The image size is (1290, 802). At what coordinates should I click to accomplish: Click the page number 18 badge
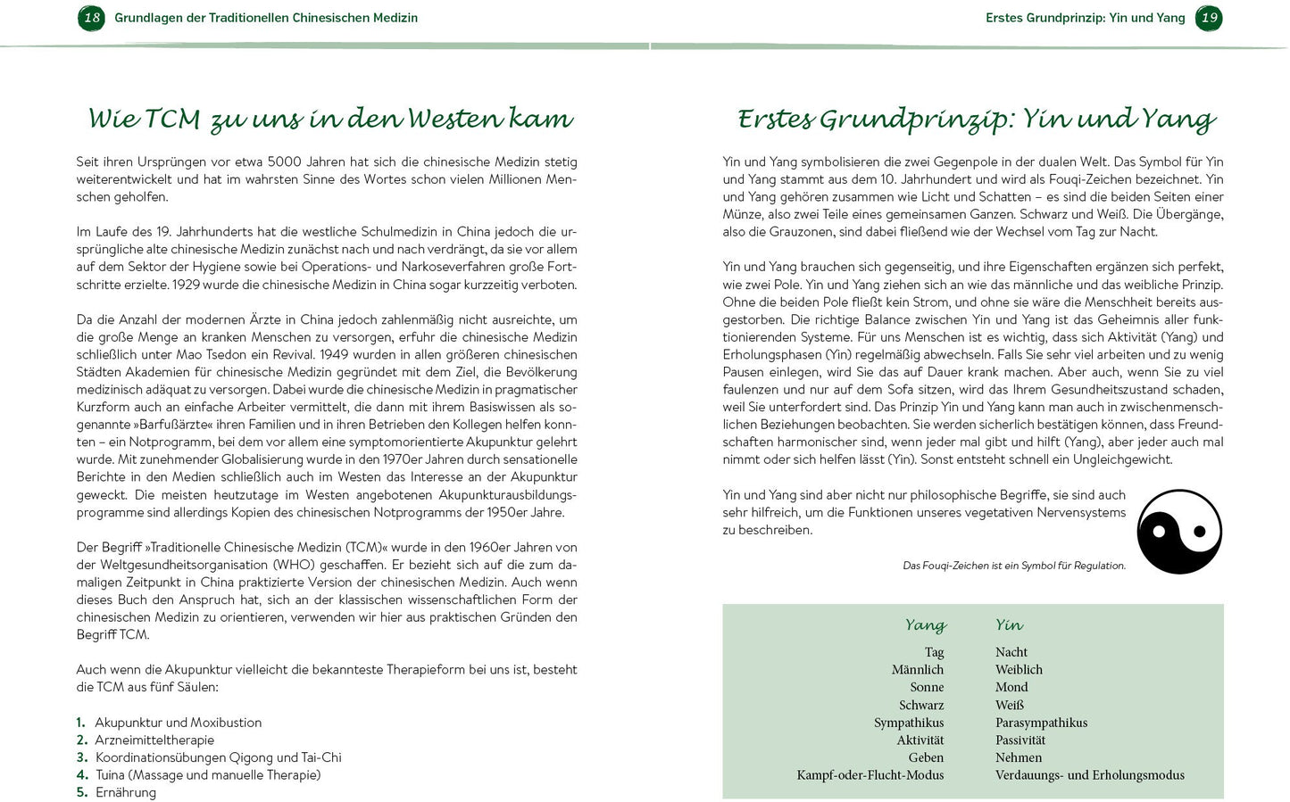click(91, 18)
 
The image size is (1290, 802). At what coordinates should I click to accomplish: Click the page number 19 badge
click(1209, 18)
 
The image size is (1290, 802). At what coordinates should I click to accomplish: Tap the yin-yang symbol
click(1178, 532)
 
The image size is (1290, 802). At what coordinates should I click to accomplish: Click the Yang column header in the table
click(925, 625)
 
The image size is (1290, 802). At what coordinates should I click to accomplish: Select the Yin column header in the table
click(1009, 625)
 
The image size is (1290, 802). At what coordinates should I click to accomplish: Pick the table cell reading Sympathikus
click(909, 723)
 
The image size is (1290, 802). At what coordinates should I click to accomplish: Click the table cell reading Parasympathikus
click(1041, 723)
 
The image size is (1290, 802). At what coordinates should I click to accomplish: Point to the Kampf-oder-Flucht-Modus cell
click(870, 775)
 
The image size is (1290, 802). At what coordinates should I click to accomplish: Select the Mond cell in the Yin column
click(1011, 687)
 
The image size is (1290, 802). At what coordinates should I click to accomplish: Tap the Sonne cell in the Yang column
click(927, 687)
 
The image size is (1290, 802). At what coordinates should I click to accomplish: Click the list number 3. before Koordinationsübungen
click(81, 757)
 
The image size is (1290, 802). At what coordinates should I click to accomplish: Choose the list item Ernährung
click(126, 792)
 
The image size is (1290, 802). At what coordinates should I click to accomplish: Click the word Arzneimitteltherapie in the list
click(154, 740)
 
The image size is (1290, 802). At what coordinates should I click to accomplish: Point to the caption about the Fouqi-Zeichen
click(1014, 566)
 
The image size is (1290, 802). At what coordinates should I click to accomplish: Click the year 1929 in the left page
click(186, 285)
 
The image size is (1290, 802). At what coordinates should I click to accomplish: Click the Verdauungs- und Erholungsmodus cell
click(1089, 775)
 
